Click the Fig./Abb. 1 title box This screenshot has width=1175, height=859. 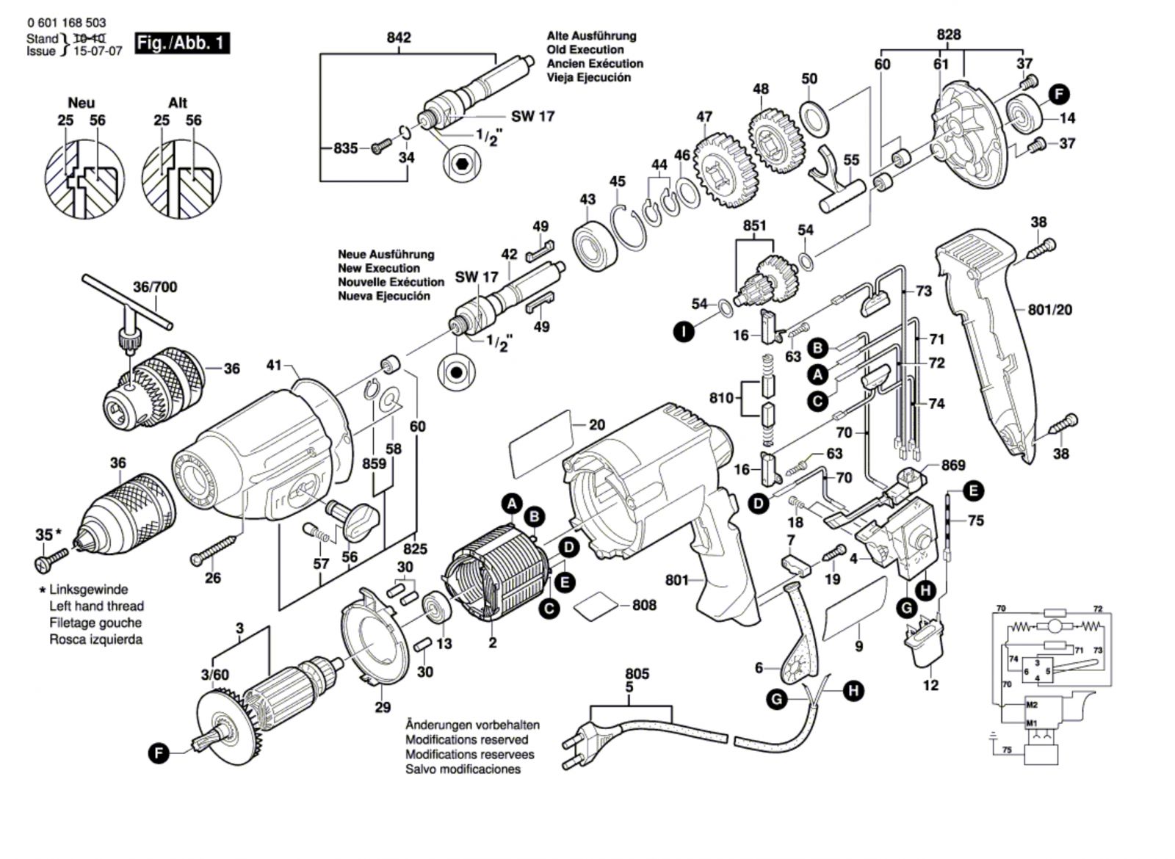pyautogui.click(x=182, y=43)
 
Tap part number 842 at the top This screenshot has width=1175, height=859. pyautogui.click(x=399, y=37)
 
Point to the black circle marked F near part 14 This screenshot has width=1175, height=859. pyautogui.click(x=1058, y=94)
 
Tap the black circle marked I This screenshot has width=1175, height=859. pyautogui.click(x=683, y=332)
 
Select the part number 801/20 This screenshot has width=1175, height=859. pyautogui.click(x=1049, y=311)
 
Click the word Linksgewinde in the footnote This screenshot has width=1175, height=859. pyautogui.click(x=88, y=590)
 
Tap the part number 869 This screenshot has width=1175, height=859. pyautogui.click(x=953, y=465)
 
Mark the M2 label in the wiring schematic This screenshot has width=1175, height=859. pyautogui.click(x=1032, y=706)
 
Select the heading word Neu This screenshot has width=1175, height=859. pyautogui.click(x=81, y=103)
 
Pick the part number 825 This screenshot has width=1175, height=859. pyautogui.click(x=415, y=548)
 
